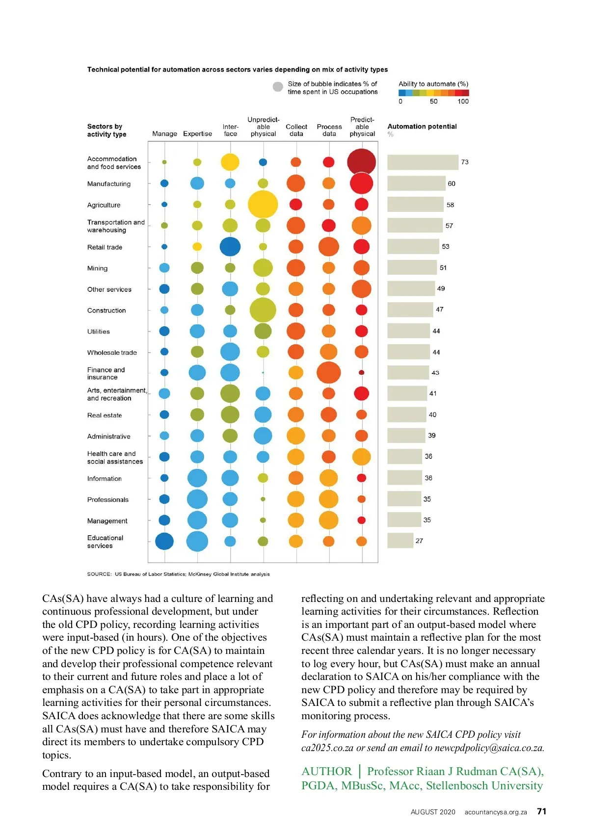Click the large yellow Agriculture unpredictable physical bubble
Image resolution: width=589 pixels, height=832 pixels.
pyautogui.click(x=263, y=204)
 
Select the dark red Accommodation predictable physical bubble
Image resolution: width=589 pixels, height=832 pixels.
pyautogui.click(x=361, y=162)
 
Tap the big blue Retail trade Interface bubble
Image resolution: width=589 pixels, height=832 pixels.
pyautogui.click(x=230, y=247)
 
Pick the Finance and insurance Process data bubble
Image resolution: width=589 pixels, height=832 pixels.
pyautogui.click(x=328, y=372)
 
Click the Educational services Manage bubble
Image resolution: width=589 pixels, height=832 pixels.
pyautogui.click(x=164, y=541)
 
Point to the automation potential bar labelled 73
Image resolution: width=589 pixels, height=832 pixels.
pyautogui.click(x=423, y=162)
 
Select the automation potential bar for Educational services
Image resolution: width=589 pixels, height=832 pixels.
pyautogui.click(x=400, y=541)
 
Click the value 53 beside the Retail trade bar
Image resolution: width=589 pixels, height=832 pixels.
pyautogui.click(x=446, y=246)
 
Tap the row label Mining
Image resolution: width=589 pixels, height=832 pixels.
pyautogui.click(x=97, y=268)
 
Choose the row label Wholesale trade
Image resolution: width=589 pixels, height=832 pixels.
pyautogui.click(x=112, y=352)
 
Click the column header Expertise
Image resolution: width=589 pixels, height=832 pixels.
pyautogui.click(x=197, y=133)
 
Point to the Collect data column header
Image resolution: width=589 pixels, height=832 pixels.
pyautogui.click(x=296, y=130)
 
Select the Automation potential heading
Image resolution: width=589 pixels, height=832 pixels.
pyautogui.click(x=422, y=127)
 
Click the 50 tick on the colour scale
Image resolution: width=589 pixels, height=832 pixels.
pyautogui.click(x=433, y=102)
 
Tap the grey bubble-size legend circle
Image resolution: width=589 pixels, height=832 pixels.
pyautogui.click(x=278, y=87)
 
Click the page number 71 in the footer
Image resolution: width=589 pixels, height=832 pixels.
pyautogui.click(x=541, y=811)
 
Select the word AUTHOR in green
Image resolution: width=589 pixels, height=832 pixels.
pyautogui.click(x=326, y=771)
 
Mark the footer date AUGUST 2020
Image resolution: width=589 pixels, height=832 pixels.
pyautogui.click(x=433, y=812)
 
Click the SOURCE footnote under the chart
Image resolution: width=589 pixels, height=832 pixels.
pyautogui.click(x=178, y=574)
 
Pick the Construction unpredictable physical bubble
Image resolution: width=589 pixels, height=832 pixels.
pyautogui.click(x=263, y=310)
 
